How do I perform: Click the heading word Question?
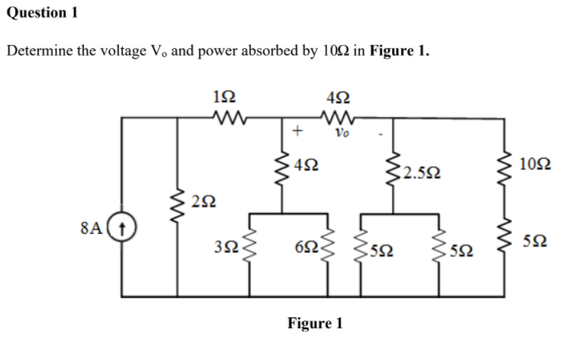(x=33, y=13)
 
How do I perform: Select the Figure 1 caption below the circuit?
(x=315, y=323)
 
